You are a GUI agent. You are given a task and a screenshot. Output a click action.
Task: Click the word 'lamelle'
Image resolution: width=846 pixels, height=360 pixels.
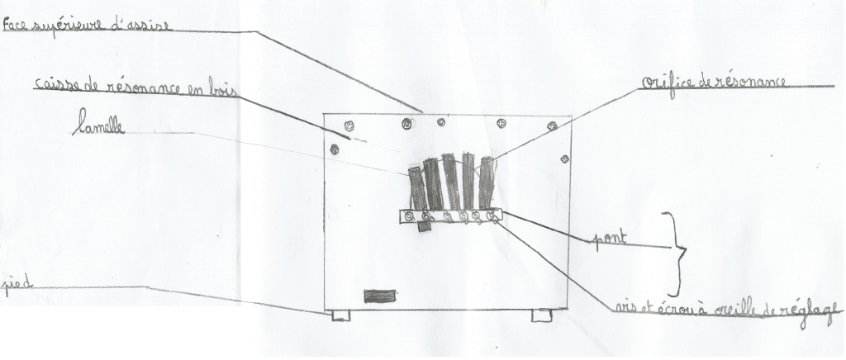(99, 122)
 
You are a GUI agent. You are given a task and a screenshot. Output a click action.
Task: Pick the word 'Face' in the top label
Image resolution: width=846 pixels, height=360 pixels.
(16, 24)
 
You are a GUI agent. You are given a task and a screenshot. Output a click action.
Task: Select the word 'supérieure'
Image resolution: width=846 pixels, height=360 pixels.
(71, 26)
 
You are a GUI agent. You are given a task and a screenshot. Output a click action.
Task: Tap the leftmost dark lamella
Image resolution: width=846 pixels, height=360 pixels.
(417, 188)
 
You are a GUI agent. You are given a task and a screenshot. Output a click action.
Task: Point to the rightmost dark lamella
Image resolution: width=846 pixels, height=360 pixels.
(486, 182)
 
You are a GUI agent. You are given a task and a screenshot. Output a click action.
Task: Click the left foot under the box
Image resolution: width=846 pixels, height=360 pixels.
(341, 315)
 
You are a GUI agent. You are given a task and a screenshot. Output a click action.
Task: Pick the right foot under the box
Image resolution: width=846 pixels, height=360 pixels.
(541, 315)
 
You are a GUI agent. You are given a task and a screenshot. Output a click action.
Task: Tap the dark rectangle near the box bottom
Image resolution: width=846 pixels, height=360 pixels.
(380, 296)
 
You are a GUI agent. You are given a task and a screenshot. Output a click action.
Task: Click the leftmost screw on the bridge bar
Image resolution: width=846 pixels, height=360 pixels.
(410, 216)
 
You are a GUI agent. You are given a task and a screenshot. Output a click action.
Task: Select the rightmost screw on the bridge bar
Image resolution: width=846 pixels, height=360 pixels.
(491, 216)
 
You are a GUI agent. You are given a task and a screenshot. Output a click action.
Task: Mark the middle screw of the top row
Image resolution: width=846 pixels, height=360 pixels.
(441, 122)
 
